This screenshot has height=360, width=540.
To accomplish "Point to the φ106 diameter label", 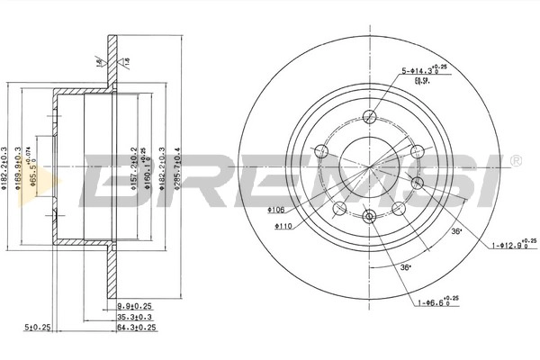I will click(275, 209).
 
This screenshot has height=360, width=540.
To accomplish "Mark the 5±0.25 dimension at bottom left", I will click(38, 327).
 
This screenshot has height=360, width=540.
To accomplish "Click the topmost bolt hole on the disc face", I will click(369, 115).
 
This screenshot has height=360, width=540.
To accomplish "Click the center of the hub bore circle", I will click(369, 166).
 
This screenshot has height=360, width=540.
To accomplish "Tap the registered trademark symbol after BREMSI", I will click(515, 159).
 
